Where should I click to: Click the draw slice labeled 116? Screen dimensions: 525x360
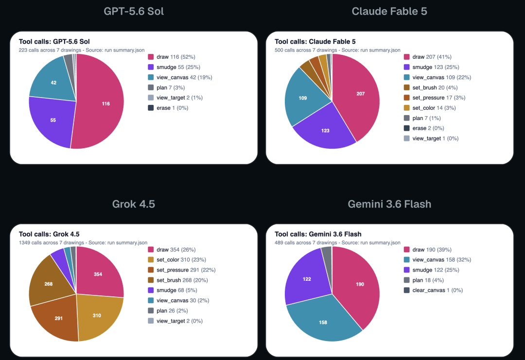(x=101, y=103)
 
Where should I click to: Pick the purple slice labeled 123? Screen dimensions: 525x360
(x=325, y=129)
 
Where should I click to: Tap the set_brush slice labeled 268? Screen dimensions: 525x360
(x=50, y=283)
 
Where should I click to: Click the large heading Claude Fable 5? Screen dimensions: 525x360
(x=389, y=11)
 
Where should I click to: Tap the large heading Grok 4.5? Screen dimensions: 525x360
(x=134, y=204)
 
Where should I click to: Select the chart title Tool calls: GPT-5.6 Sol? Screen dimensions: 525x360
(x=54, y=41)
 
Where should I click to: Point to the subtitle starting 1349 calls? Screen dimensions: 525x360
(x=83, y=242)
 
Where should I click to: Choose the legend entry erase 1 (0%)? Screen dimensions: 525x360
(x=168, y=108)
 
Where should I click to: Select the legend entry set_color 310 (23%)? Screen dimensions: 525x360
(x=177, y=259)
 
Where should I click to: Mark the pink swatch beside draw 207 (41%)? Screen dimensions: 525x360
(x=407, y=57)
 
